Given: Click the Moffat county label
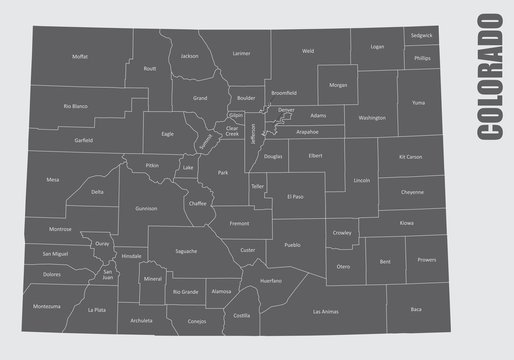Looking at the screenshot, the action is click(x=79, y=58).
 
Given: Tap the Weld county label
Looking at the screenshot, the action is click(x=308, y=50).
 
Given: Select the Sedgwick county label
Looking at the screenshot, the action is click(x=422, y=35).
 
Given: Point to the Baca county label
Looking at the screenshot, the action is click(x=416, y=310).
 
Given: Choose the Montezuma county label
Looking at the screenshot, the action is click(x=47, y=305).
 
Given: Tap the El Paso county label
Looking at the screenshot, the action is click(x=294, y=197).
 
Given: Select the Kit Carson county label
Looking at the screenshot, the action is click(x=411, y=157).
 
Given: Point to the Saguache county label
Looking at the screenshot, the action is click(x=186, y=250).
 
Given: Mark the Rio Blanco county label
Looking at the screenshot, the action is click(x=76, y=105).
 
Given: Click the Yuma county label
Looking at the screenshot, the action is click(x=419, y=102).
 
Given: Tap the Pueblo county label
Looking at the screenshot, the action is click(x=291, y=244).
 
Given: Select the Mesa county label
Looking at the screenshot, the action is click(x=52, y=181).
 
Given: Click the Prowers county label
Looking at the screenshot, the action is click(x=427, y=260).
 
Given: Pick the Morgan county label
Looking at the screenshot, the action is click(x=338, y=85).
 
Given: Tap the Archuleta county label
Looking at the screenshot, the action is click(x=141, y=321).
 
